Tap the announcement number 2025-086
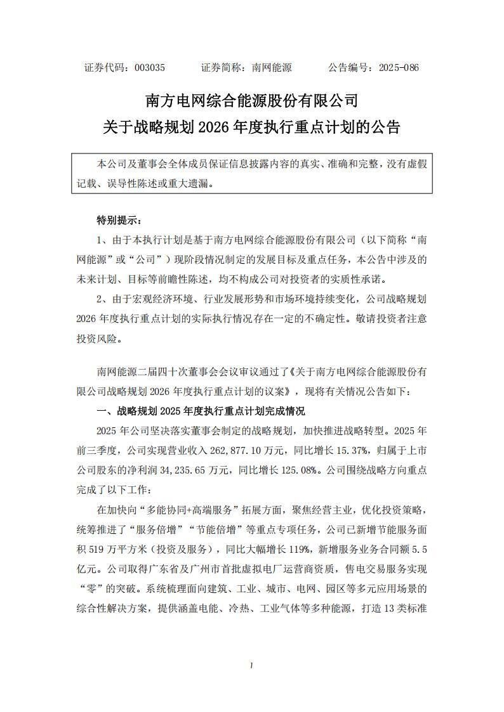(399, 67)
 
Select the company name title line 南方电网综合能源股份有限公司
(252, 101)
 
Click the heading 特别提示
(119, 221)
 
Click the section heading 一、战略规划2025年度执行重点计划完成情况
(199, 410)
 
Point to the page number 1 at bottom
(251, 665)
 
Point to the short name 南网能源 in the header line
(271, 67)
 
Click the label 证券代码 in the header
(105, 67)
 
